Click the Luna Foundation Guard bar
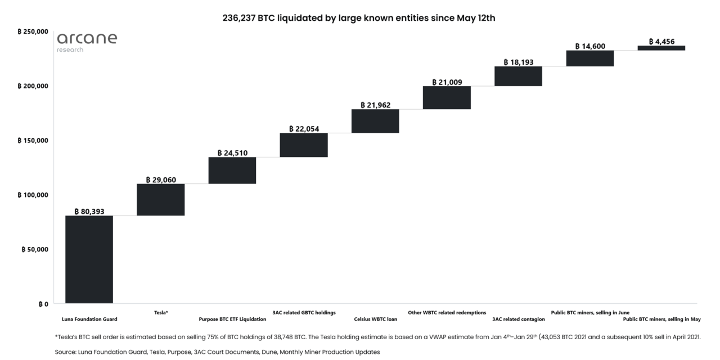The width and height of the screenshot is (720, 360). point(89,259)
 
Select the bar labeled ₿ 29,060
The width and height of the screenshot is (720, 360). point(160,200)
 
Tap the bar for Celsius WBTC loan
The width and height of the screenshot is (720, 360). point(375,121)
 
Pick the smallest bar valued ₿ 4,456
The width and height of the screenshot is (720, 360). point(661,48)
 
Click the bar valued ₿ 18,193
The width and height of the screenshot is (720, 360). point(518,76)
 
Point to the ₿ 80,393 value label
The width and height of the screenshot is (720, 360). point(89,211)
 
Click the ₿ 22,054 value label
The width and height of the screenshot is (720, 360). point(304,129)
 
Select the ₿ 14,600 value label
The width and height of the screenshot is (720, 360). point(589,46)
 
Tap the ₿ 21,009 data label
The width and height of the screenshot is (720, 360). point(447,82)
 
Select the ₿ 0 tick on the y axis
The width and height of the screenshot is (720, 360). point(43,304)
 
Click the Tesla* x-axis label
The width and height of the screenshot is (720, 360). point(161,312)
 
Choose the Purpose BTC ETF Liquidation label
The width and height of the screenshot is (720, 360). point(232,319)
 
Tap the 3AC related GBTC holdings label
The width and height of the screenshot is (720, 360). point(304,312)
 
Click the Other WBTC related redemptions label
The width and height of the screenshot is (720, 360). point(447,312)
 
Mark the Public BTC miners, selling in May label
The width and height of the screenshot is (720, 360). point(661,319)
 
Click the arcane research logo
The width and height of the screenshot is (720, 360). point(87,42)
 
